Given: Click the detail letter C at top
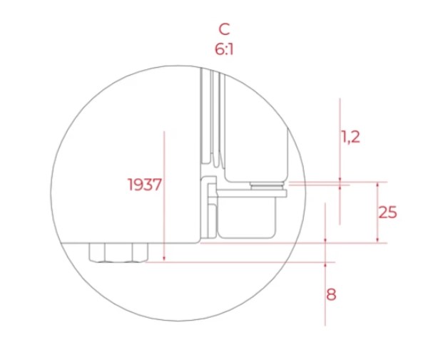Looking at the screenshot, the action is click(x=224, y=29).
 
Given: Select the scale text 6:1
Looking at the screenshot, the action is click(x=224, y=49).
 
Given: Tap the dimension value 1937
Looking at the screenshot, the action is click(x=145, y=185).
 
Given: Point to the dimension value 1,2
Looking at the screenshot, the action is click(x=350, y=138).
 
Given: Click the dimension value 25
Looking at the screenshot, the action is click(x=387, y=212).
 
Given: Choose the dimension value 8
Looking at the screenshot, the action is click(x=331, y=294).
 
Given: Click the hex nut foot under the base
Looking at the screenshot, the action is click(x=118, y=252).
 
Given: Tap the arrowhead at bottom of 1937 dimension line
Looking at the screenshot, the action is click(x=164, y=259).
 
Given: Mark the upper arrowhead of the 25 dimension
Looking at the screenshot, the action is click(x=377, y=185).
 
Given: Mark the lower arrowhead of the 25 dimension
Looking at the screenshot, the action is click(x=377, y=240).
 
